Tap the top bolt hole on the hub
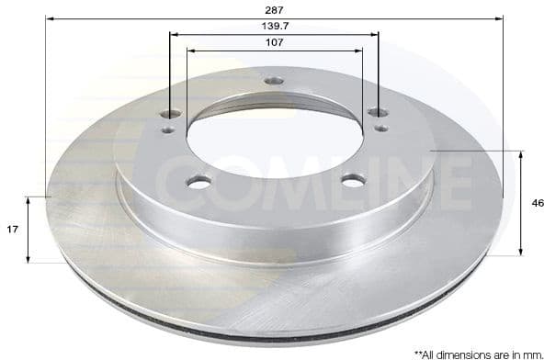tap(274, 81)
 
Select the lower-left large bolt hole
tap(198, 182)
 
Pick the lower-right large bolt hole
tap(353, 180)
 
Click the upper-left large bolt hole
tap(171, 115)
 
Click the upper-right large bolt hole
tap(378, 112)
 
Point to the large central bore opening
tap(275, 139)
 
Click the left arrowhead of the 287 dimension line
tap(49, 17)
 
